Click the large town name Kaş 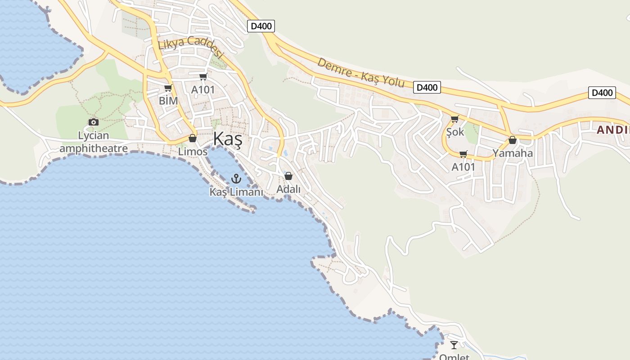(228, 139)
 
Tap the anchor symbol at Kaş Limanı (236, 179)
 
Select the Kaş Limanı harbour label (236, 192)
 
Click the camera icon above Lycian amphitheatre (94, 122)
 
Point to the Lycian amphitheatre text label (94, 142)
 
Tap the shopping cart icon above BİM (168, 88)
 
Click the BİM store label (169, 100)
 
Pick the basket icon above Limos (193, 138)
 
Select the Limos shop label (193, 152)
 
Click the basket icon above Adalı (288, 176)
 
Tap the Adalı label (288, 189)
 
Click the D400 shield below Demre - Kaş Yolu (427, 87)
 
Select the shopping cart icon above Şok (454, 119)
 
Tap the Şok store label (455, 132)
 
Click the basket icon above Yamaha (512, 140)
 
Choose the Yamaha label (513, 153)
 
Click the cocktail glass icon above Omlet (454, 345)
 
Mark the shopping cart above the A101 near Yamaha (463, 154)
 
